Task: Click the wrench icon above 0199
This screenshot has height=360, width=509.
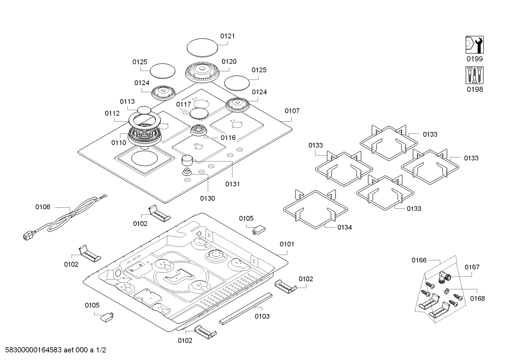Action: click(x=474, y=45)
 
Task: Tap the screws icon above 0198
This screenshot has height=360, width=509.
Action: click(x=474, y=75)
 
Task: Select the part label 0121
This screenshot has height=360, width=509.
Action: click(x=227, y=36)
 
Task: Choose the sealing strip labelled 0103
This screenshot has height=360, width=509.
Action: click(x=246, y=308)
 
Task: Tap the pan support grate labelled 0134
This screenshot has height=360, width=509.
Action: click(x=315, y=209)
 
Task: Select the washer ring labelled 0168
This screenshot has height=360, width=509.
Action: click(x=446, y=291)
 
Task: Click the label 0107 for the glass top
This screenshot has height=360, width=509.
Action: click(x=292, y=111)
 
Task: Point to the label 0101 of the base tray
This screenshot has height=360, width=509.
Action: click(x=287, y=244)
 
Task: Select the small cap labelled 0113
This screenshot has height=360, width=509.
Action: click(x=144, y=110)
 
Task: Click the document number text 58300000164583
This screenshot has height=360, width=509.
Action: click(x=34, y=350)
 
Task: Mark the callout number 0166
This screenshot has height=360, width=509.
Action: click(x=419, y=260)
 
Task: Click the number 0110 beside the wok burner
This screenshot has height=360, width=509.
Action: click(x=119, y=143)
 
